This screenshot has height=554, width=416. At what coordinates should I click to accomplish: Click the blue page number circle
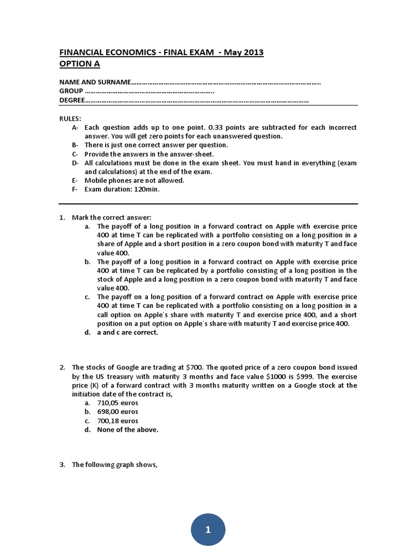pos(207,529)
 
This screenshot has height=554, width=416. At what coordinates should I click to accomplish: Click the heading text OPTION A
pos(80,64)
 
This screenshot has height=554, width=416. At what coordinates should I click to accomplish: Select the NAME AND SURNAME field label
pos(95,82)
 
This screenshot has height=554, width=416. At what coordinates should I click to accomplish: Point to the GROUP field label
pos(71,91)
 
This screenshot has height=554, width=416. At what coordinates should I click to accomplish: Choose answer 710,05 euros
pos(118,403)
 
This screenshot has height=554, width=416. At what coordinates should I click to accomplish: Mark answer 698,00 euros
pos(118,412)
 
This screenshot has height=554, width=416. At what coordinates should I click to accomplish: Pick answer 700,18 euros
pos(118,421)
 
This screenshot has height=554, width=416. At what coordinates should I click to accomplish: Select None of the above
pos(128,430)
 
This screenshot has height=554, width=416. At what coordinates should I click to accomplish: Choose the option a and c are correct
pos(127,333)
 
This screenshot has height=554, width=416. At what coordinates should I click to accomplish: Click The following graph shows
pos(114,464)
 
